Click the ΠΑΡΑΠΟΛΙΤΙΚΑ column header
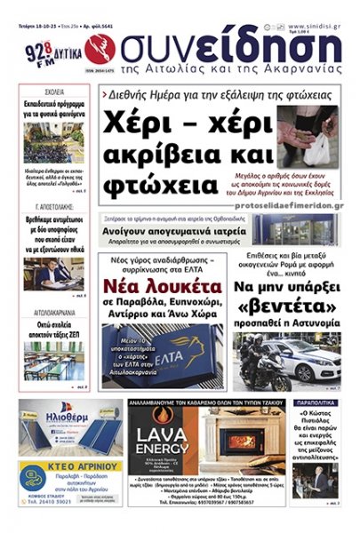[316, 402]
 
